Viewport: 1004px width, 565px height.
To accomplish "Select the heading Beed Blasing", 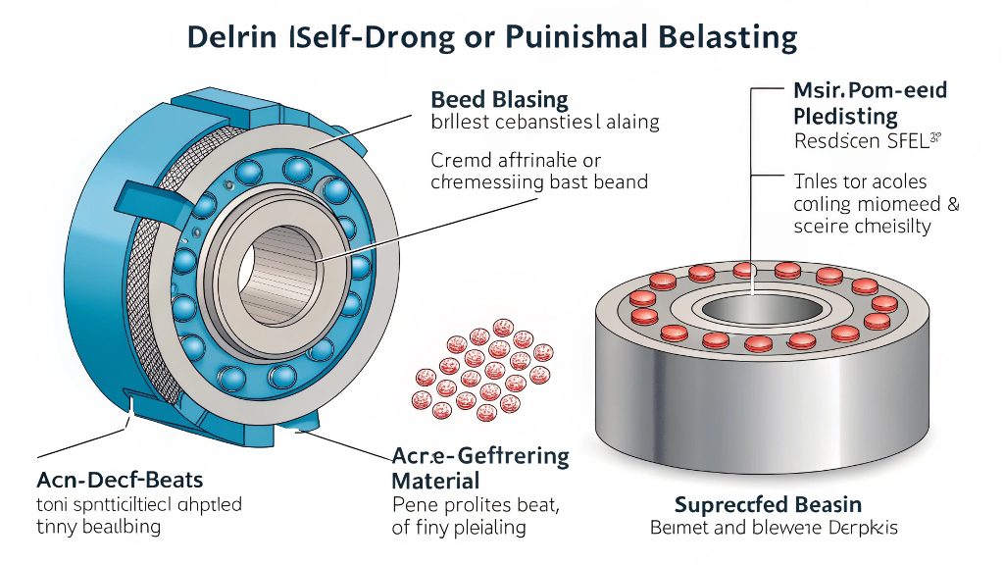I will (x=499, y=99).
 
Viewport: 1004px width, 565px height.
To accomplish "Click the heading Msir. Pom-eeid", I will (x=869, y=91).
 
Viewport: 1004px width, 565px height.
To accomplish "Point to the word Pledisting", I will (x=844, y=117).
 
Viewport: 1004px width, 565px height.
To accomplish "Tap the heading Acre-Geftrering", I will (x=479, y=456).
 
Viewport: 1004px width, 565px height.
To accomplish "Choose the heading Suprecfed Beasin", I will (x=768, y=504).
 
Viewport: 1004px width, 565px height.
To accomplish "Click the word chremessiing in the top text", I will (x=487, y=182).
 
